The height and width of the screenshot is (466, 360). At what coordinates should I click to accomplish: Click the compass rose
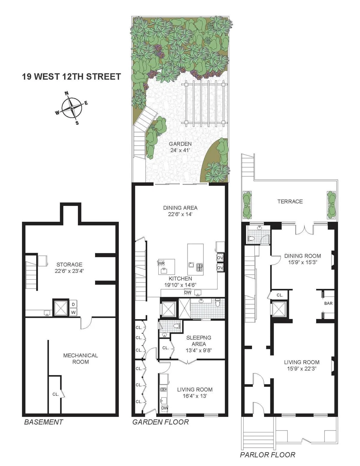pos(72,108)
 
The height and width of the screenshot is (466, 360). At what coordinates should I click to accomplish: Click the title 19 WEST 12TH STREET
pos(71,77)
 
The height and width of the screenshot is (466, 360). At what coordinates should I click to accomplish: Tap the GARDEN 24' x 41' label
pos(180,147)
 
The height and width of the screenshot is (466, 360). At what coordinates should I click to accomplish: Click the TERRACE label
pos(290,201)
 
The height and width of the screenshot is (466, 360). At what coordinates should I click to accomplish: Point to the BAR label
pos(328,303)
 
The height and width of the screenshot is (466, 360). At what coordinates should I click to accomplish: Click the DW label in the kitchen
pos(187,293)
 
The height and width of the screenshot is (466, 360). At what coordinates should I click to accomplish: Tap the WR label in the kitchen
pos(161,263)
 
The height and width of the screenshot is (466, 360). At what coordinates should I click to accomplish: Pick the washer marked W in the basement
pos(73,312)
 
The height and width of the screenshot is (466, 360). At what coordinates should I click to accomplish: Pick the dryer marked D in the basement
pos(73,305)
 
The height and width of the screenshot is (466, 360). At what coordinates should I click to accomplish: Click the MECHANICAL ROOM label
pos(80,359)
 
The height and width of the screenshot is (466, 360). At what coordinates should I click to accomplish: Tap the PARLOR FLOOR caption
pos(267,455)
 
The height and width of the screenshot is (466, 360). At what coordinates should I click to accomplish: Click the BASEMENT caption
pos(43,422)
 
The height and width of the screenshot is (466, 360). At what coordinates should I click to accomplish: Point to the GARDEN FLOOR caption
pos(160,422)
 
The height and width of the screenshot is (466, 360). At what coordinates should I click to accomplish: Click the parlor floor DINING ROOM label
pos(302,256)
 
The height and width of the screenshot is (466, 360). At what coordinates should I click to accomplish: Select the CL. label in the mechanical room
pos(55,394)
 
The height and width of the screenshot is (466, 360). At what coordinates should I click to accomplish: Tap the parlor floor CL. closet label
pos(280,295)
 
